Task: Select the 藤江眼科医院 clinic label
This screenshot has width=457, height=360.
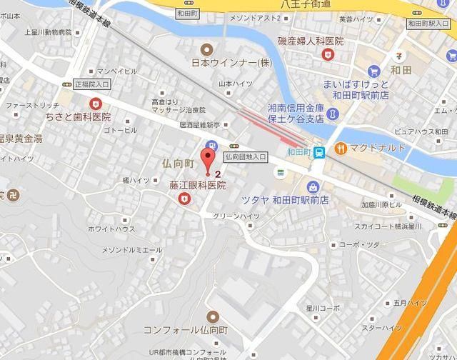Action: (196, 185)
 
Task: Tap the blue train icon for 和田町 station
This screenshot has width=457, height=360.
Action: (319, 151)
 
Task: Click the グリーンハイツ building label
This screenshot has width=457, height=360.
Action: (236, 216)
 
